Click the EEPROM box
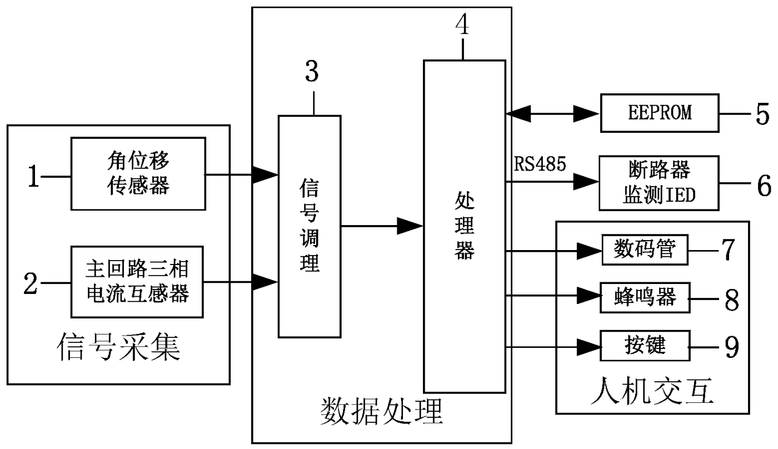coord(659,113)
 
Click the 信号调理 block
coord(309,226)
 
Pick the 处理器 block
coord(464,226)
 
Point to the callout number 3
coord(312,72)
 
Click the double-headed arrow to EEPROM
coord(552,114)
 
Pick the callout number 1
coord(34,177)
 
